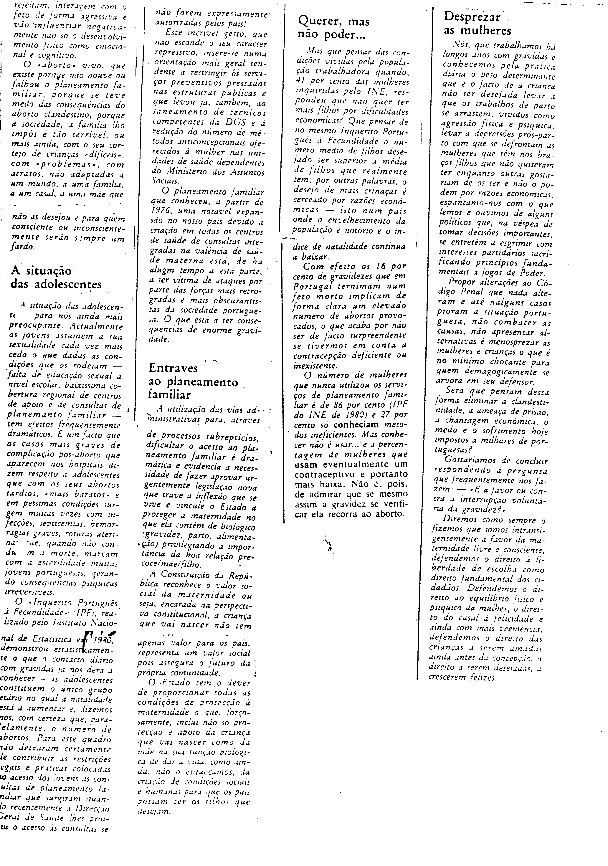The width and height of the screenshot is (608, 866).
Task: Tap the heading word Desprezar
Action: pyautogui.click(x=471, y=17)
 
